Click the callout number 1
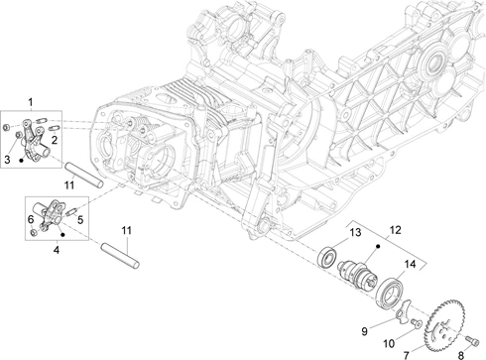coord(31,102)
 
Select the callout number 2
coord(55,140)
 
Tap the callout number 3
coord(7,160)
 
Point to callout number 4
coord(57,250)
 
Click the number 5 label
coord(80,219)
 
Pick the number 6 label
coord(31,219)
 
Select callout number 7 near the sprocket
coord(407,355)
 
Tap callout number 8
coord(460,355)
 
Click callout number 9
coord(364,331)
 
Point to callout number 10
coord(389,344)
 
